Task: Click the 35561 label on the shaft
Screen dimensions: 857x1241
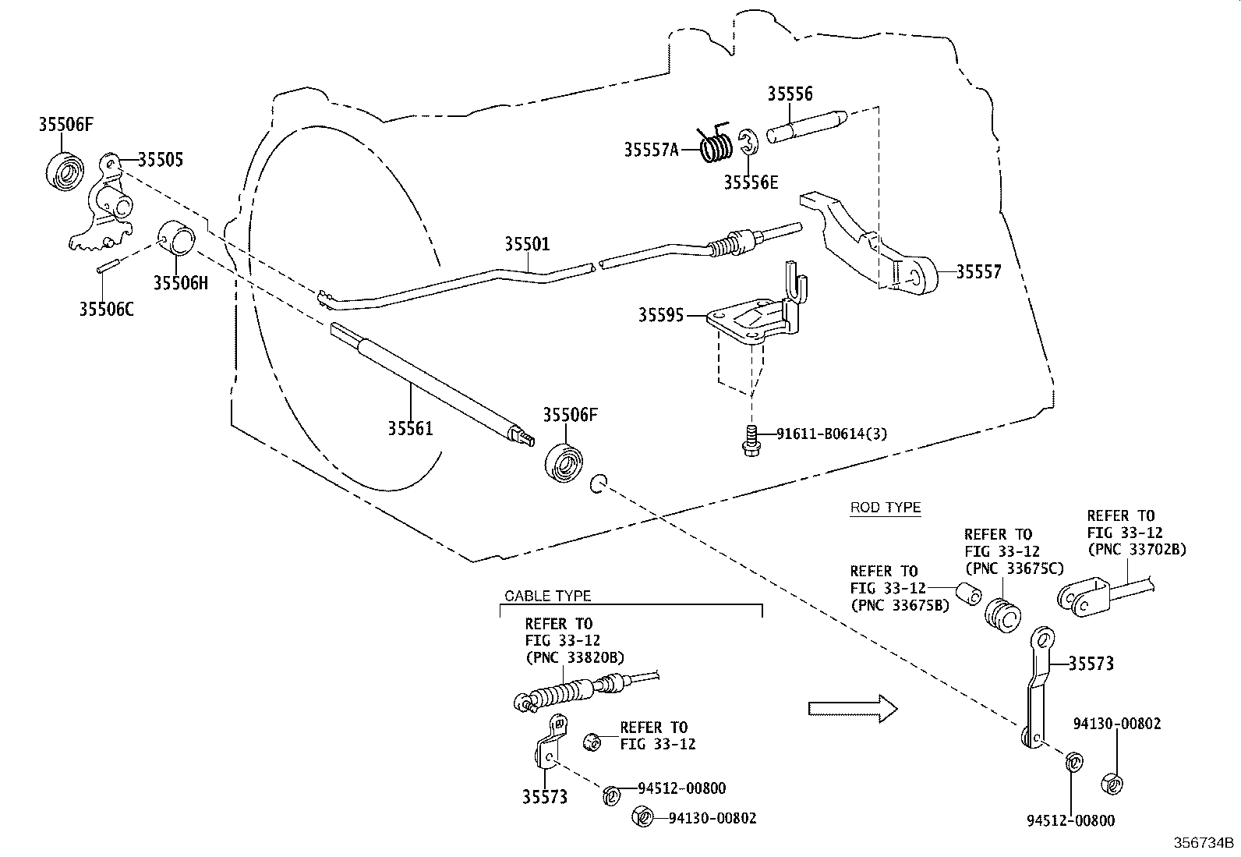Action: (x=410, y=428)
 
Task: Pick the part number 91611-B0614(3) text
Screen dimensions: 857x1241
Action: (x=832, y=434)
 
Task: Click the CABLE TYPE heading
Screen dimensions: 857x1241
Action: (x=547, y=596)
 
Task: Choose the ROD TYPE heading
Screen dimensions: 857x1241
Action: (x=885, y=508)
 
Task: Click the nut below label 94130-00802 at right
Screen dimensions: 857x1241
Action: (x=1112, y=782)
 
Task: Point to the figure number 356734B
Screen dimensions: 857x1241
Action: (x=1205, y=844)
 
